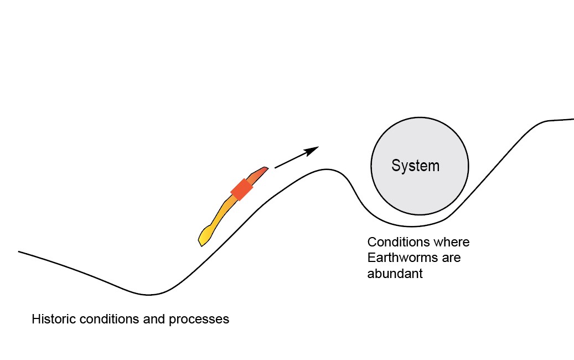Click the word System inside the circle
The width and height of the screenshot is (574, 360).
tap(415, 166)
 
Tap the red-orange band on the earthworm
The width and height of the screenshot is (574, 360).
tap(242, 189)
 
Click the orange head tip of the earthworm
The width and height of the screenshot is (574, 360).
tap(265, 168)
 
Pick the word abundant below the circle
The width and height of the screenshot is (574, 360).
tap(395, 273)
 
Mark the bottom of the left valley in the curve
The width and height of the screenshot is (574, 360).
tap(148, 294)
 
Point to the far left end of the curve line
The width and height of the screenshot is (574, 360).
tap(19, 252)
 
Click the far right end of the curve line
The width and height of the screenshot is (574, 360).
tap(573, 119)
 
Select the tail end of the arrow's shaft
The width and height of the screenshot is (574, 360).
tap(276, 167)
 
